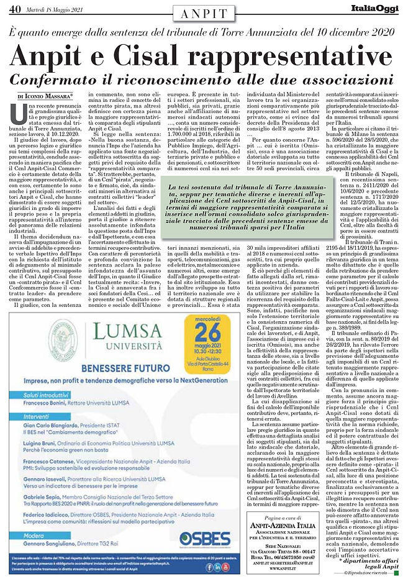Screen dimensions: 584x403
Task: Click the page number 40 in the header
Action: pyautogui.click(x=12, y=7)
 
